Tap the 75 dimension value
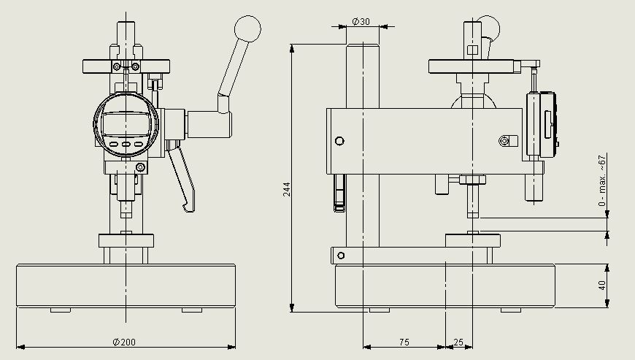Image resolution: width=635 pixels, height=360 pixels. click(404, 341)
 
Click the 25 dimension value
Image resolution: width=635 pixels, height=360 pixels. click(458, 341)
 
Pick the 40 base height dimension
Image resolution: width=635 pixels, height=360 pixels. click(602, 286)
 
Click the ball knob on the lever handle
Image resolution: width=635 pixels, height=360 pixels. click(247, 31)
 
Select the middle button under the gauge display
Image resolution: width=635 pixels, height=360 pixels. click(126, 145)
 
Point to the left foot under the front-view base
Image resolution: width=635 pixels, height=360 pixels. click(61, 310)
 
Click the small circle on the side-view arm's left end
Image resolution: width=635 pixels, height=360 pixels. click(338, 140)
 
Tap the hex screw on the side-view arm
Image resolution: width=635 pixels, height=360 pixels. click(503, 140)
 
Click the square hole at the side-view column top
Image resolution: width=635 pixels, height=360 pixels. click(472, 50)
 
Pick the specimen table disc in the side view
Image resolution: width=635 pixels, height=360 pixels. click(473, 240)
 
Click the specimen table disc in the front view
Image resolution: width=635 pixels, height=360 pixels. click(126, 240)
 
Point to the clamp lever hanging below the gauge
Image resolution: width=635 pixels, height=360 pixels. click(182, 179)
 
